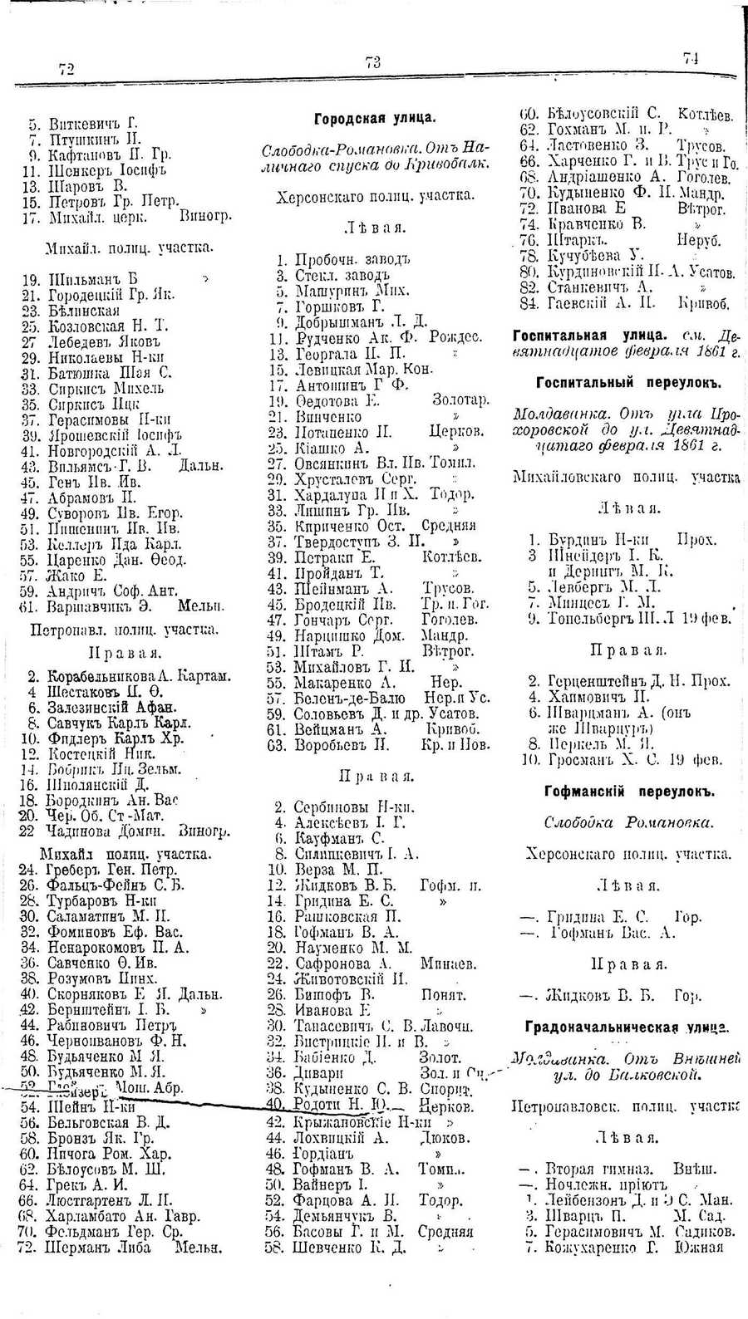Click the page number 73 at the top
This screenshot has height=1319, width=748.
(372, 62)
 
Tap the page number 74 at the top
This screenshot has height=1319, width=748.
(691, 57)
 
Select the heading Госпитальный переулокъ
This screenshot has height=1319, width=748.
(627, 383)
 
